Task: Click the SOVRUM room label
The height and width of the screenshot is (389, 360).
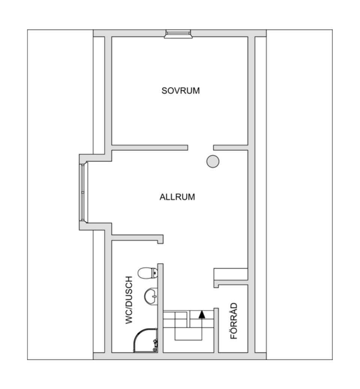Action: pos(180,91)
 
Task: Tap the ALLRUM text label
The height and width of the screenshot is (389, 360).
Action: pos(177,197)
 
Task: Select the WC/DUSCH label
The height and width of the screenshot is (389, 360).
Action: pos(129,300)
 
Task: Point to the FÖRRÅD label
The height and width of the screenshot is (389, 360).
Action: pos(234,321)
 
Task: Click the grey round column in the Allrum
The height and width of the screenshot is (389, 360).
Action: pos(213,161)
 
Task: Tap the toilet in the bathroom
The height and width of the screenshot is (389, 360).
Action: pos(147,273)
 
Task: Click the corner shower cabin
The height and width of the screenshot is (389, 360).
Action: pos(145,340)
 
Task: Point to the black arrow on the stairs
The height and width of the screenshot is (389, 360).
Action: pos(202,314)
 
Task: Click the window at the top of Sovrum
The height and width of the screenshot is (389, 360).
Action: pos(177,34)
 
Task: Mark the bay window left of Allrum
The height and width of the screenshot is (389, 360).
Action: pos(82,192)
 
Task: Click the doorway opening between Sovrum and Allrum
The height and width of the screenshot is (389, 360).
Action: pos(201,148)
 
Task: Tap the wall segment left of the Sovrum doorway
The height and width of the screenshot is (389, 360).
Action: pos(150,148)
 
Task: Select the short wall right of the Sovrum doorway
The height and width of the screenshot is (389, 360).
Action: pos(231,148)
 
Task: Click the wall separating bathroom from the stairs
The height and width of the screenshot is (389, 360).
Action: pos(160,307)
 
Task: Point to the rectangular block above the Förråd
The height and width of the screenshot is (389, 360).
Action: pos(231,274)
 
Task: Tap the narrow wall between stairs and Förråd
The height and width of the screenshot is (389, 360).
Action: pos(216,330)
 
